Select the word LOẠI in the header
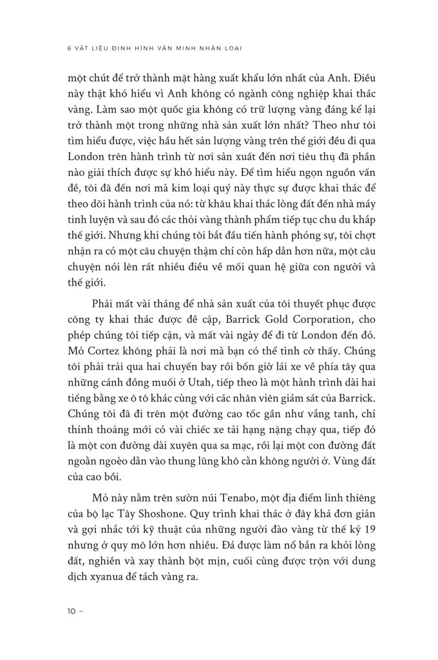[238, 47]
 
